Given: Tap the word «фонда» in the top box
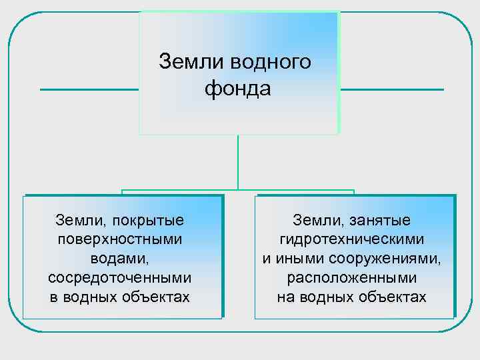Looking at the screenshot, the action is [238, 88].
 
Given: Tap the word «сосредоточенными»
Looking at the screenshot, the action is [120, 277].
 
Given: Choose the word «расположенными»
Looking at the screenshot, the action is [352, 277].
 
